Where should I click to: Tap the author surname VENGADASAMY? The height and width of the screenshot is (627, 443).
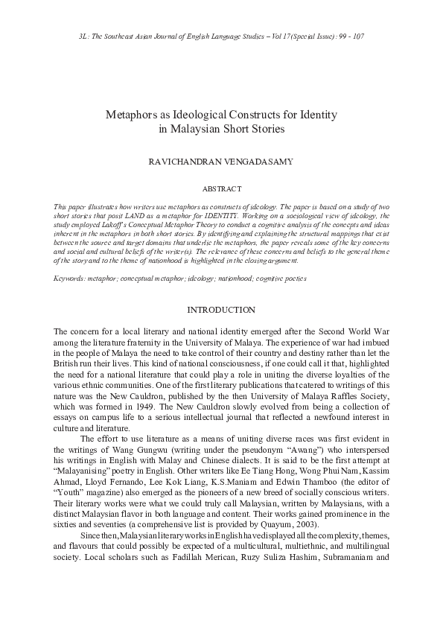pyautogui.click(x=254, y=160)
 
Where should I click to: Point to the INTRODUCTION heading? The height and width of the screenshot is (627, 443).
pyautogui.click(x=221, y=310)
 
